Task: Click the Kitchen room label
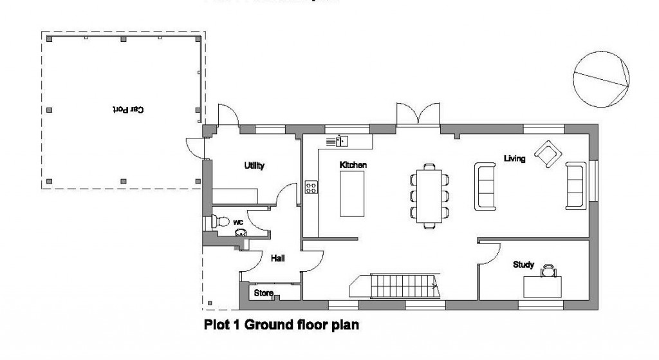[x=353, y=166]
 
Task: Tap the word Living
[x=515, y=158]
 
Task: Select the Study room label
[x=523, y=264]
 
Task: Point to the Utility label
[x=254, y=166]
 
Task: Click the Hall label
[x=278, y=258]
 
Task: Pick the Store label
[x=264, y=294]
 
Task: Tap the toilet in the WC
[x=221, y=221]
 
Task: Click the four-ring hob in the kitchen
[x=311, y=187]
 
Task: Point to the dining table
[x=429, y=196]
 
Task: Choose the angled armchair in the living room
[x=548, y=154]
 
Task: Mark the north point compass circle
[x=600, y=79]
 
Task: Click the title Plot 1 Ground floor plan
[x=281, y=325]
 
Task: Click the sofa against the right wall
[x=575, y=185]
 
